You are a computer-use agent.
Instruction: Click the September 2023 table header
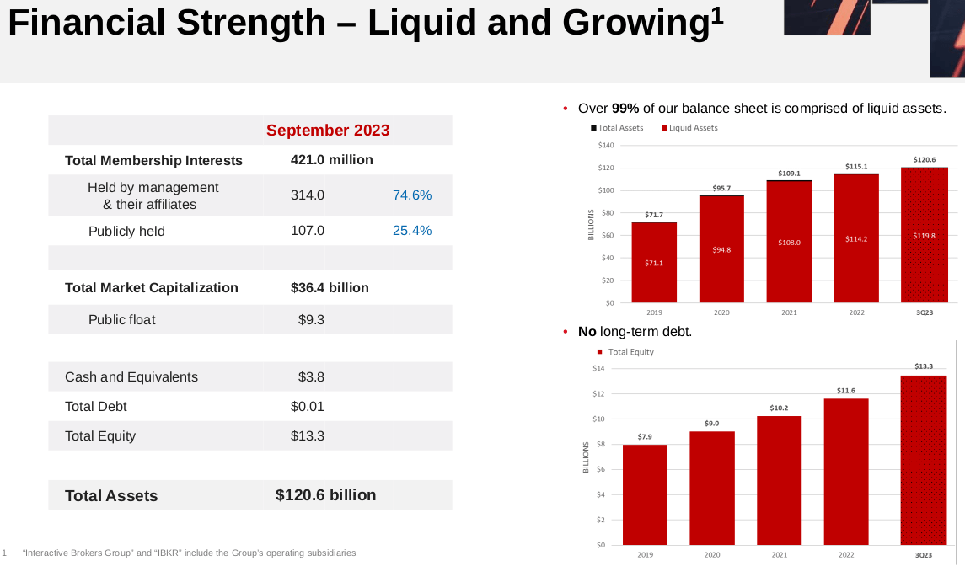point(328,131)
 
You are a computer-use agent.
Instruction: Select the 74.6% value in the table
point(412,195)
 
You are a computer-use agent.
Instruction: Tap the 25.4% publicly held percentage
point(412,231)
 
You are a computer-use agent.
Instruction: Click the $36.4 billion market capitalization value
point(330,288)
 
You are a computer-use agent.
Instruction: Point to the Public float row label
point(122,320)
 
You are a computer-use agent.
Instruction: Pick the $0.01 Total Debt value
point(308,407)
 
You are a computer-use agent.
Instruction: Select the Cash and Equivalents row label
point(131,377)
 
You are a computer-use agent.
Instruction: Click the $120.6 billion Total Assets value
point(326,495)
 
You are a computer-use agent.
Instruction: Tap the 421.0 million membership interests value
point(331,160)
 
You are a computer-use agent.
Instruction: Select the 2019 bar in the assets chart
point(654,262)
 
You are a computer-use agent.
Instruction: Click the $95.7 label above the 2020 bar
point(721,188)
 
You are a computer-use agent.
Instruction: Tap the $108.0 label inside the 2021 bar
point(789,243)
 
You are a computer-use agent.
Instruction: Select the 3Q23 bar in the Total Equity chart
point(924,460)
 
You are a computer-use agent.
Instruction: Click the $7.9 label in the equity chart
point(645,437)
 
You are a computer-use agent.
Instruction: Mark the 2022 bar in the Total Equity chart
point(846,472)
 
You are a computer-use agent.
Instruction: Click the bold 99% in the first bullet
point(625,109)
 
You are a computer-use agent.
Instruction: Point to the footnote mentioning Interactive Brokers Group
point(190,553)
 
